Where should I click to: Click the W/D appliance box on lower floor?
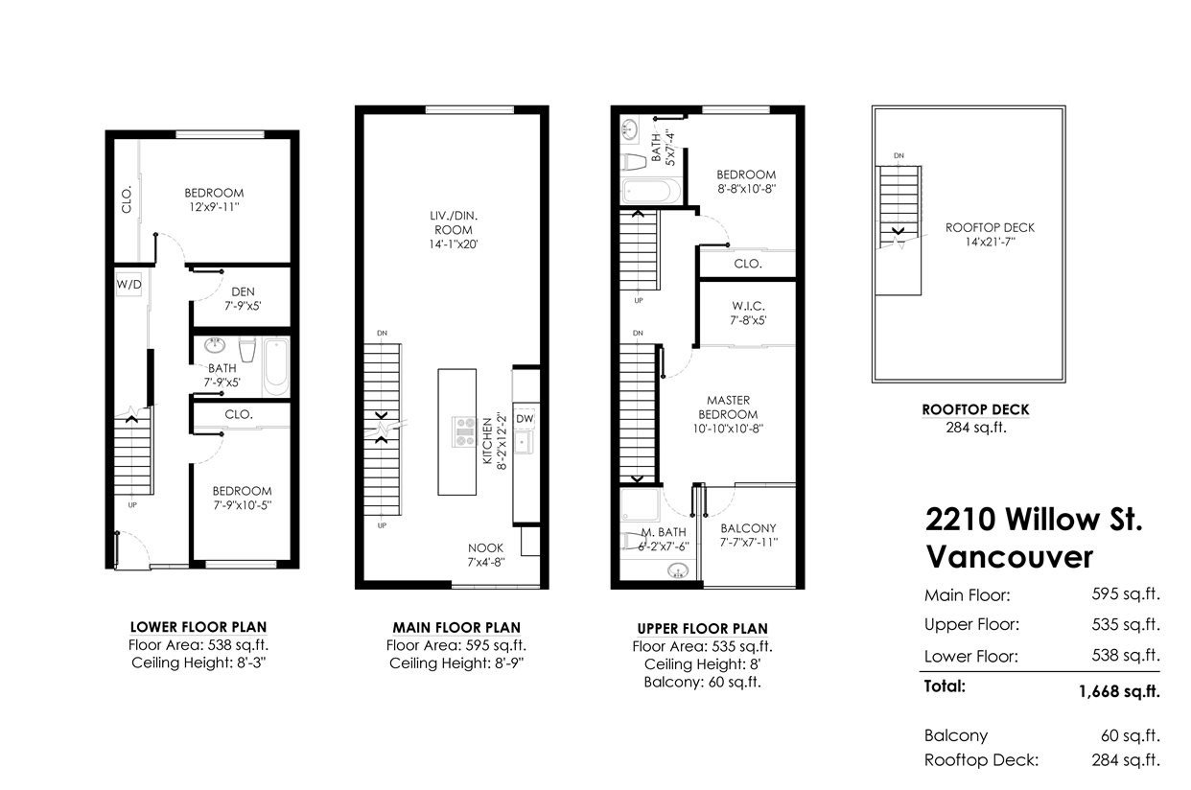(x=129, y=285)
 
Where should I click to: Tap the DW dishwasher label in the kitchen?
(x=525, y=418)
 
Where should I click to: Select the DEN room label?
(x=243, y=291)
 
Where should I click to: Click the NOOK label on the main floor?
(x=485, y=547)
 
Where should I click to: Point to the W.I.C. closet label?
(x=748, y=306)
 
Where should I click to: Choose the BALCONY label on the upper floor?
(x=748, y=528)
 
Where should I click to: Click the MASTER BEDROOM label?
(x=728, y=407)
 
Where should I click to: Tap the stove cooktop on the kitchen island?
(x=464, y=431)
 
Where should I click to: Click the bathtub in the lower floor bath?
(x=276, y=367)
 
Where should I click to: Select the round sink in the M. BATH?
(x=678, y=571)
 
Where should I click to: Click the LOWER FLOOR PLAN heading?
(x=198, y=627)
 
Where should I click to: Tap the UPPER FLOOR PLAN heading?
(x=702, y=629)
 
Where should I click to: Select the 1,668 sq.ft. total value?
(x=1119, y=691)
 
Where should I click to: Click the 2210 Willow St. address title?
(x=1034, y=520)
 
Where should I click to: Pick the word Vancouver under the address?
(x=1009, y=557)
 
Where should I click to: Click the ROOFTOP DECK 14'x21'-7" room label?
(x=990, y=235)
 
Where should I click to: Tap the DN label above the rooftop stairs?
(x=899, y=155)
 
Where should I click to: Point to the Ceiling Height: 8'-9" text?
(x=456, y=663)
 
